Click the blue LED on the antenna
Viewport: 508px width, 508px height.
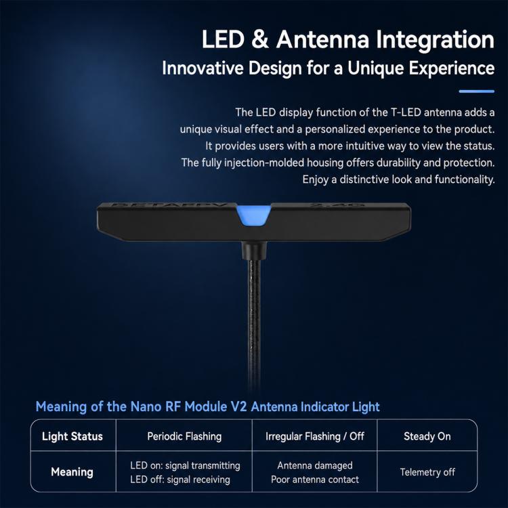[x=254, y=214]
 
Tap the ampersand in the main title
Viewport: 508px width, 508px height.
[x=260, y=39]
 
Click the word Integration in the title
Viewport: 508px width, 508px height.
[x=435, y=40]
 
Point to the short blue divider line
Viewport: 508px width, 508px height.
[x=477, y=91]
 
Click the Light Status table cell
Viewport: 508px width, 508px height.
[x=72, y=436]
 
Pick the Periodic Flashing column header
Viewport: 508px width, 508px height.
[x=184, y=436]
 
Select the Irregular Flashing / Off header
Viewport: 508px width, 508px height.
[x=314, y=436]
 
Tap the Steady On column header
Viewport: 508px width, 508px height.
[x=427, y=436]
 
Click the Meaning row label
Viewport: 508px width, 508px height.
[x=72, y=471]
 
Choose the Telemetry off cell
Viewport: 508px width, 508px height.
[x=427, y=472]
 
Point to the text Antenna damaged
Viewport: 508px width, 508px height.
[x=314, y=465]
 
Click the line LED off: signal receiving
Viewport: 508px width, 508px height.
[x=180, y=480]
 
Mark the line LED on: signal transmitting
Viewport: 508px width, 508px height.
[x=185, y=465]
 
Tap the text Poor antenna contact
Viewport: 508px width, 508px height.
[x=314, y=480]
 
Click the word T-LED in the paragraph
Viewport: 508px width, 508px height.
[x=406, y=112]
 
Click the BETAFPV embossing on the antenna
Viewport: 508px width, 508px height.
[x=173, y=205]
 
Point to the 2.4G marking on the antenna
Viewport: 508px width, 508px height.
[x=337, y=205]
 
